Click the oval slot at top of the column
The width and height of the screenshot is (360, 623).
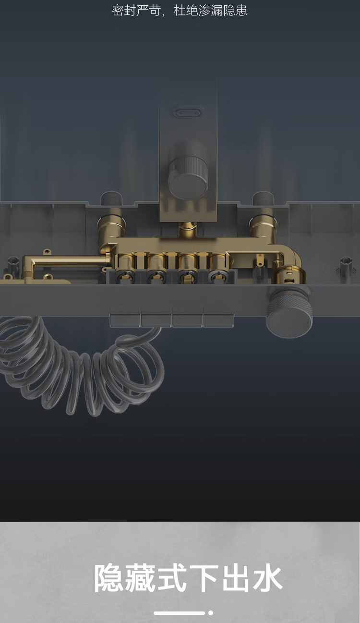pyautogui.click(x=188, y=113)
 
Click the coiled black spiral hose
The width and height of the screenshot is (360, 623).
pyautogui.click(x=81, y=367)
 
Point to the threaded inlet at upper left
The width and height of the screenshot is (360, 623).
pyautogui.click(x=112, y=199)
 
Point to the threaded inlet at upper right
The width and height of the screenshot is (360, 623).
pyautogui.click(x=263, y=199)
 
